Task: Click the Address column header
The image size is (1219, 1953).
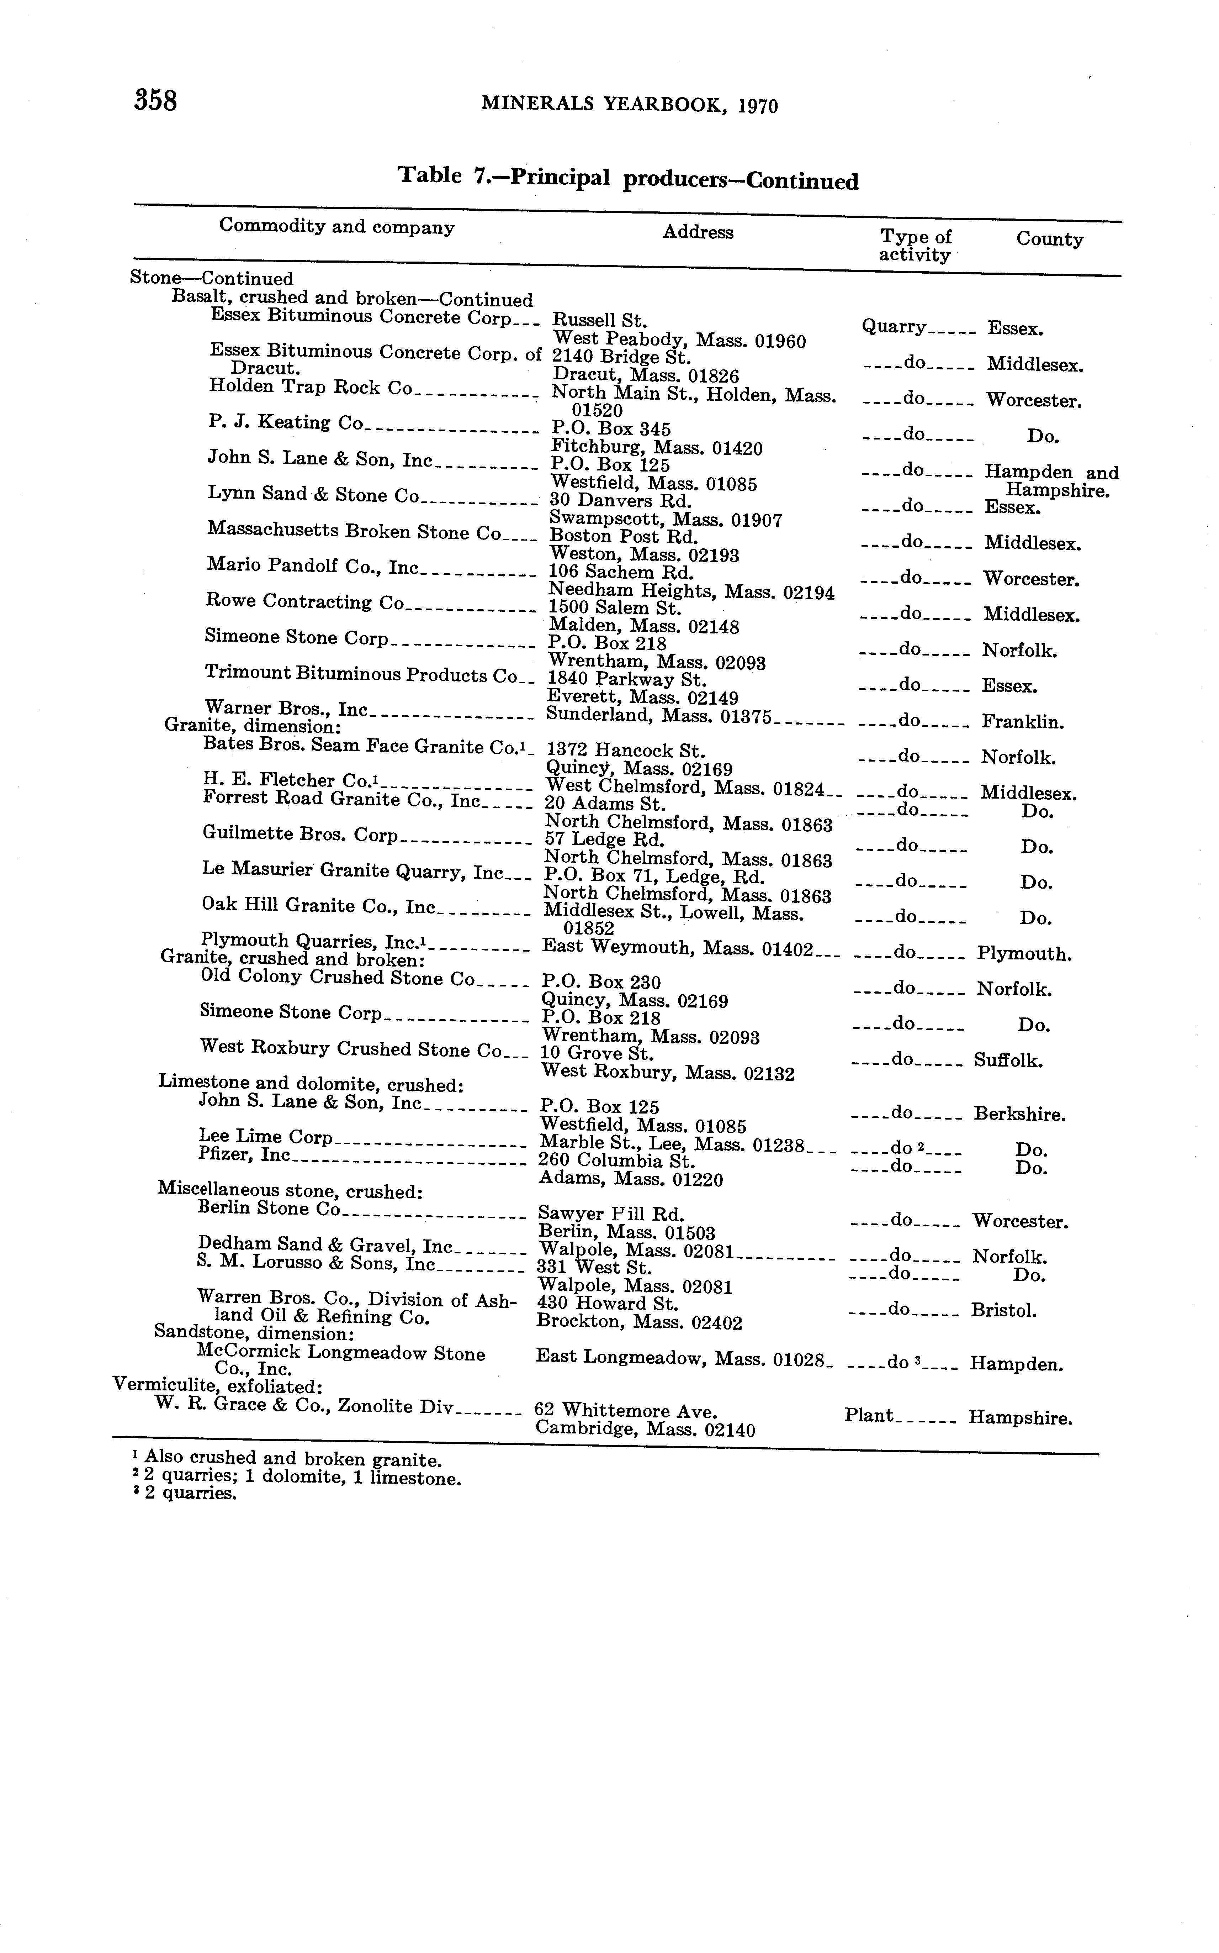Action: coord(698,232)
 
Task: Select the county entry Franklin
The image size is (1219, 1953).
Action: coord(1022,722)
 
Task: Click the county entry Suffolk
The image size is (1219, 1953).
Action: coord(1008,1060)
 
